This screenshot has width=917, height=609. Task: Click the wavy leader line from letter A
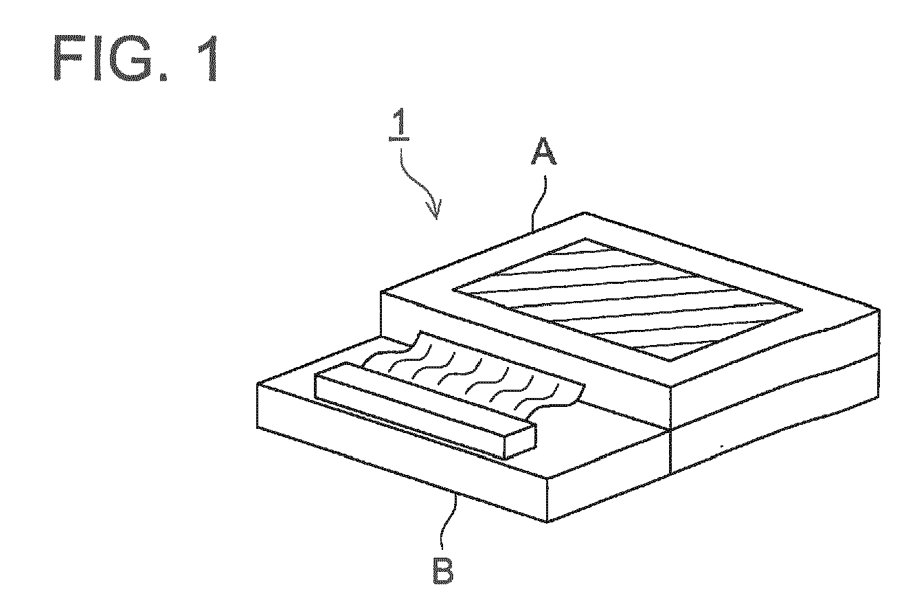pos(539,199)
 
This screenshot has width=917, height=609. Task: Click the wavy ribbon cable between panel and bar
pos(467,375)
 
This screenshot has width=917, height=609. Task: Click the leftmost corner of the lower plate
pos(257,384)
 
